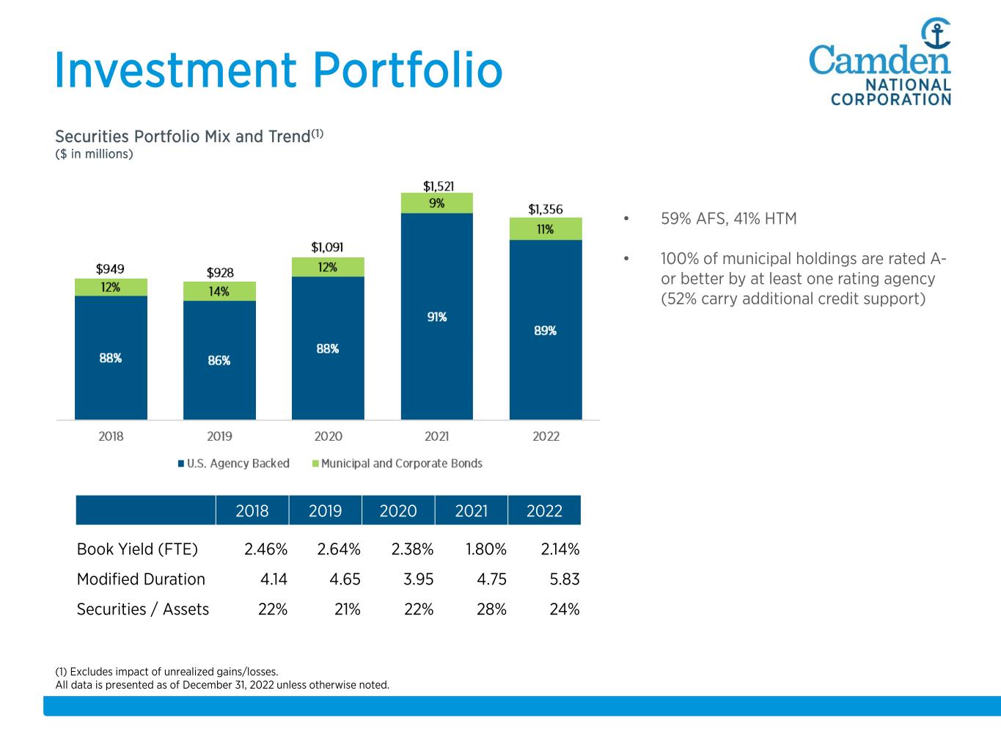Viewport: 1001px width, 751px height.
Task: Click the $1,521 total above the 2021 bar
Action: point(438,186)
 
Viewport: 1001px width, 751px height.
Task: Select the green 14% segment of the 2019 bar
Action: point(219,291)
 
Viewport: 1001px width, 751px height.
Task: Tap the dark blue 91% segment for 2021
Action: point(437,317)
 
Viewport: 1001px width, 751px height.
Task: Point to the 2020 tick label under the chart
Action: point(328,436)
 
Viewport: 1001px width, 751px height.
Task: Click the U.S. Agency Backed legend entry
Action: point(233,464)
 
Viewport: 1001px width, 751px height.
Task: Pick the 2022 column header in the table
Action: point(544,510)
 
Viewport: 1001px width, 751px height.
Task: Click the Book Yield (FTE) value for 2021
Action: point(486,549)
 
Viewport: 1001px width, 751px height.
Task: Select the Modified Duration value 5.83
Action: point(565,579)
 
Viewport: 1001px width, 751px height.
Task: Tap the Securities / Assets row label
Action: point(143,609)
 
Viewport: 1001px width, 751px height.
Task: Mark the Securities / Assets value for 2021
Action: point(491,609)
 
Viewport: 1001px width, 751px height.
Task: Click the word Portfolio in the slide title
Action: point(408,70)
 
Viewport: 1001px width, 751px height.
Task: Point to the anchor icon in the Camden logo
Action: point(936,33)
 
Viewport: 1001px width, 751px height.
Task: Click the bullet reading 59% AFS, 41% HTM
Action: point(728,219)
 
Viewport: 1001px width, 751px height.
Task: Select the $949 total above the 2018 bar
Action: point(111,269)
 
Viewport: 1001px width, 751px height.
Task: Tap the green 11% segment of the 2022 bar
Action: point(546,229)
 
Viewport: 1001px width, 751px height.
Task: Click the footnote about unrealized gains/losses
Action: point(167,671)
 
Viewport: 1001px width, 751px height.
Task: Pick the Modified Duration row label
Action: point(141,579)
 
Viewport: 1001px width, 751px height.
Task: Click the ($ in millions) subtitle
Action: point(95,154)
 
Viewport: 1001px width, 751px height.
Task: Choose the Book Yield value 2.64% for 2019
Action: point(339,549)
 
